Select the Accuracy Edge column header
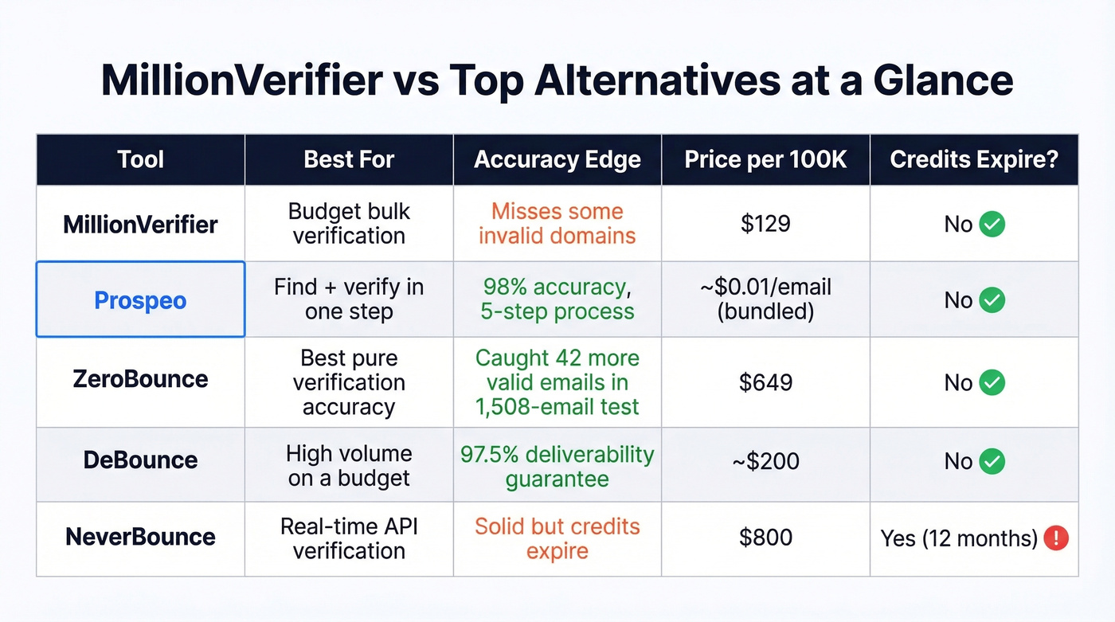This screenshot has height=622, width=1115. tap(557, 159)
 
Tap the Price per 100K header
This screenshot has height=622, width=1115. tap(765, 159)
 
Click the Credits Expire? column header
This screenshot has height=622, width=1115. tap(974, 159)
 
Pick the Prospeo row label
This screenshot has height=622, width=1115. tap(140, 300)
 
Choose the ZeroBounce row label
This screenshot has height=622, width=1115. tap(140, 379)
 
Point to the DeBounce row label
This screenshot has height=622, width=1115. tap(140, 460)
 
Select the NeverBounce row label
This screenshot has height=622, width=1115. tap(140, 537)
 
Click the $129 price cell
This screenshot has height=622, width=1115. tap(765, 224)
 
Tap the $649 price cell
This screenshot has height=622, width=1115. tap(765, 382)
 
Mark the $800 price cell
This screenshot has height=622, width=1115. tap(765, 538)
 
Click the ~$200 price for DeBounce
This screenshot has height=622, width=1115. tap(765, 461)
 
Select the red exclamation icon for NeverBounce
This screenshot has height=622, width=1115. tap(1055, 538)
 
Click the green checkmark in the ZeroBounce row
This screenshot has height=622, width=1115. tap(992, 383)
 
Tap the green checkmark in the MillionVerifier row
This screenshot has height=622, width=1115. tap(992, 225)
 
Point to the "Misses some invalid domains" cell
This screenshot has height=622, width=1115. tap(557, 224)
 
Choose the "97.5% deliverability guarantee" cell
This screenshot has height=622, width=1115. tap(557, 467)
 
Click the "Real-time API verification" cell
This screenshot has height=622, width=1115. tap(349, 538)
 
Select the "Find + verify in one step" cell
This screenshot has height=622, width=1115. tap(349, 299)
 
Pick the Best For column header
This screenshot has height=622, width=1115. tap(349, 159)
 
